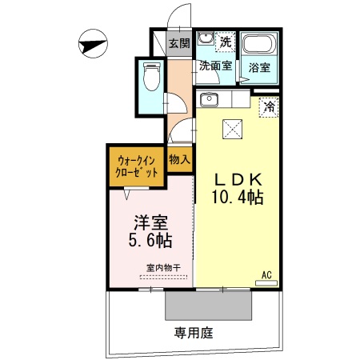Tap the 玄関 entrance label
178,43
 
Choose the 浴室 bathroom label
259,68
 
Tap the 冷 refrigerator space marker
269,106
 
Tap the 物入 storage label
179,158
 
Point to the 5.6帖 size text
150,240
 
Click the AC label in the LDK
266,275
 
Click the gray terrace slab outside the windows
210,304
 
